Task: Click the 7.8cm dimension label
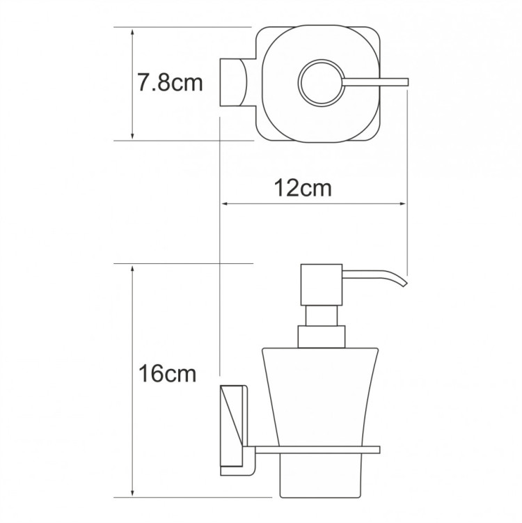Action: click(x=170, y=84)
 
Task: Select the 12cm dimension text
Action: click(x=301, y=187)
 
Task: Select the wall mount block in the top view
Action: click(x=235, y=83)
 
